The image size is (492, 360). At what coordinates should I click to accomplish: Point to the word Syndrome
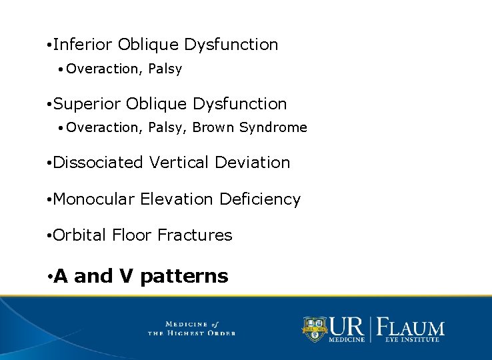[x=273, y=127]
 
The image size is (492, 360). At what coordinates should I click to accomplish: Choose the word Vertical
[x=176, y=163]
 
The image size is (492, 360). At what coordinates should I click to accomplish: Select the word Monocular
[x=93, y=199]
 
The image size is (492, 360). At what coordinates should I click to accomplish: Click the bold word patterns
[x=184, y=277]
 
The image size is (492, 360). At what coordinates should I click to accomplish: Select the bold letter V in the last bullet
[x=127, y=276]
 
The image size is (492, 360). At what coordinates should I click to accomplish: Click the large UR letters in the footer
[x=346, y=326]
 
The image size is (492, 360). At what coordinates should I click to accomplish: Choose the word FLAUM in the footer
[x=411, y=327]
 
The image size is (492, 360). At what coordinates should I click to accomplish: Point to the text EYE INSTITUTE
[x=412, y=340]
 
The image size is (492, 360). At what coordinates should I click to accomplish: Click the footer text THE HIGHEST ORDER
[x=191, y=333]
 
